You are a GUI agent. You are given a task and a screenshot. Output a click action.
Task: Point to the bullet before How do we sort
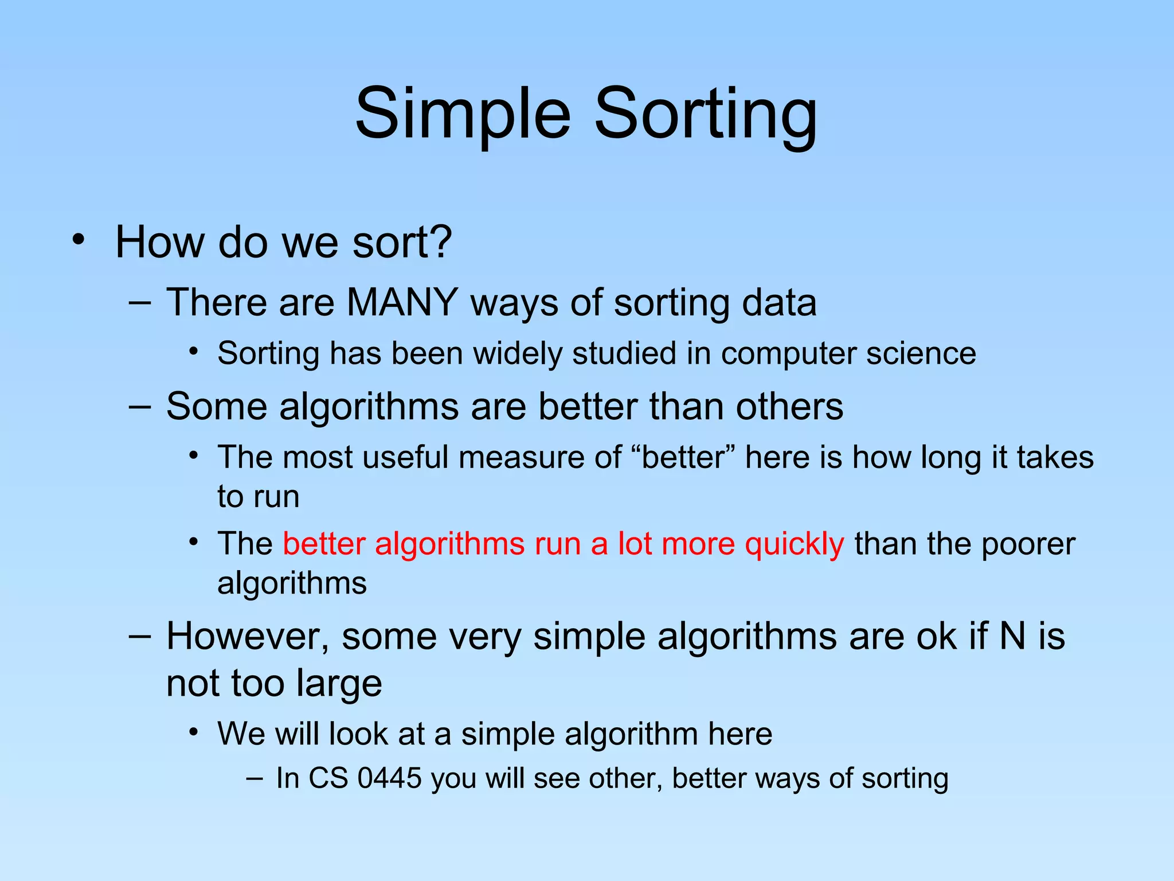point(79,240)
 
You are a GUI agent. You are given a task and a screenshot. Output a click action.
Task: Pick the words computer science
point(848,353)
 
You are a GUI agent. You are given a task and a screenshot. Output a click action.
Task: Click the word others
point(789,407)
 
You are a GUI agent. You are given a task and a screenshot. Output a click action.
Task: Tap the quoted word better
point(683,458)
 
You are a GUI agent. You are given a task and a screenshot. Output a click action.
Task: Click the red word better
point(324,544)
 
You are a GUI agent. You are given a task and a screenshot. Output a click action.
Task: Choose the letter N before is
point(1012,637)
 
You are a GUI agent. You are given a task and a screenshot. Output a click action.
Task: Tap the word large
point(339,684)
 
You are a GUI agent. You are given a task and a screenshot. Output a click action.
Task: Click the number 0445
point(389,779)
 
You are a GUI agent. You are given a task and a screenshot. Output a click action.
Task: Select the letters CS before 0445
point(328,779)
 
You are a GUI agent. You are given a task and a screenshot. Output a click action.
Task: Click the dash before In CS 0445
point(254,779)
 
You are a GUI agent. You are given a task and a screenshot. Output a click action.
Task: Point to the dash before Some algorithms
point(140,407)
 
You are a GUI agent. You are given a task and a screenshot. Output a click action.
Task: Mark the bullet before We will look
point(194,732)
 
